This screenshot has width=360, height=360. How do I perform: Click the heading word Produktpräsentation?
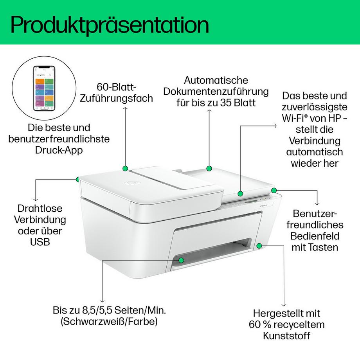(x=110, y=24)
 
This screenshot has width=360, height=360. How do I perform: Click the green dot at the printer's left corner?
(x=78, y=179)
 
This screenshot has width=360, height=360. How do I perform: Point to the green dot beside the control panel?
(x=274, y=190)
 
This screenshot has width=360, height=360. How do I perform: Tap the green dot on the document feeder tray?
(x=209, y=168)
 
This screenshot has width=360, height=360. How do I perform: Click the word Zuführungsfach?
(x=116, y=98)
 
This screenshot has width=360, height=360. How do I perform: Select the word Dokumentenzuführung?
(x=216, y=92)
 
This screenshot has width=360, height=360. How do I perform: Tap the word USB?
(x=40, y=242)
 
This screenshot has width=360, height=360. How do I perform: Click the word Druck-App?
(x=59, y=150)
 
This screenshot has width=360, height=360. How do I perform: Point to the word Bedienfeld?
(x=315, y=236)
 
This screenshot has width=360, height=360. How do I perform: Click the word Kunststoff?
(x=287, y=336)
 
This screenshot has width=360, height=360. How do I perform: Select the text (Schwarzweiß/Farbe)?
(x=109, y=322)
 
